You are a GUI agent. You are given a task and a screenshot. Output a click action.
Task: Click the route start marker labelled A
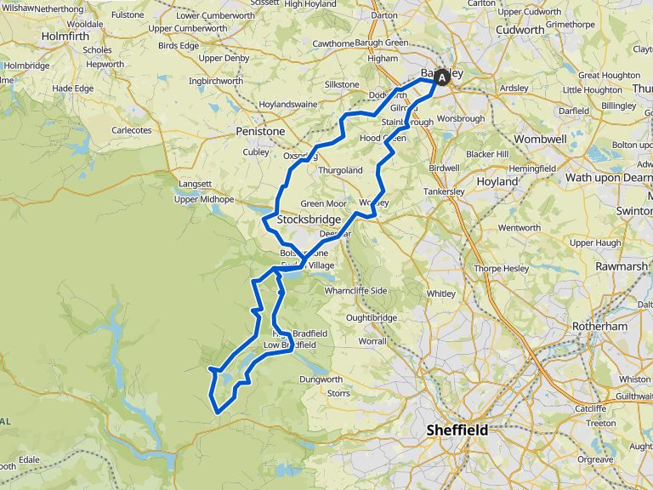(x=441, y=77)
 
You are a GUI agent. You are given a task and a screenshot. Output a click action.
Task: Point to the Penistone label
(x=261, y=132)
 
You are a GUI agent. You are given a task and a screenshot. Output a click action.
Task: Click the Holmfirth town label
(x=65, y=37)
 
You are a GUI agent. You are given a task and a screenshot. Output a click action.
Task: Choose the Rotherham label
(x=599, y=326)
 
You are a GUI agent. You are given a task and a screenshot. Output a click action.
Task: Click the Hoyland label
(x=497, y=181)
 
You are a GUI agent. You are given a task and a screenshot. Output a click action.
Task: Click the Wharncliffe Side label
(x=355, y=291)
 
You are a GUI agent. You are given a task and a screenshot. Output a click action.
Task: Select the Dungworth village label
(x=321, y=379)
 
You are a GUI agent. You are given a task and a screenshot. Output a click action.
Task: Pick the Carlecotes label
(x=132, y=130)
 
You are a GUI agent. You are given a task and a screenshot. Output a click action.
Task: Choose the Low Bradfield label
(x=290, y=345)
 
